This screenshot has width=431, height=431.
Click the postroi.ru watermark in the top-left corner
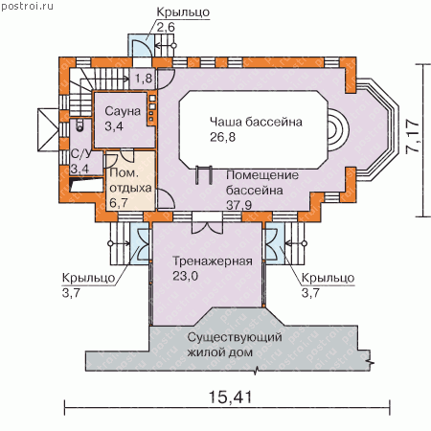click(x=28, y=6)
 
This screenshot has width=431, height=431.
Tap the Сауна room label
click(x=123, y=111)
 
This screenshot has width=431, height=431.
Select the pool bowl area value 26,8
click(x=222, y=137)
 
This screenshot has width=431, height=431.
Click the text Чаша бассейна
click(x=256, y=122)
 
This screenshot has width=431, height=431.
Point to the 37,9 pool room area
click(x=238, y=205)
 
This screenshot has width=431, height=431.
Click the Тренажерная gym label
click(x=213, y=261)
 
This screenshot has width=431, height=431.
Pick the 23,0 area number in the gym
click(x=185, y=276)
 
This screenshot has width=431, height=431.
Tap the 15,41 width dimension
click(x=230, y=397)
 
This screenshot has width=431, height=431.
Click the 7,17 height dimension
click(x=412, y=136)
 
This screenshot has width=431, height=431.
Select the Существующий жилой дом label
click(x=235, y=345)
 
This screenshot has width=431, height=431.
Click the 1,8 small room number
click(x=144, y=78)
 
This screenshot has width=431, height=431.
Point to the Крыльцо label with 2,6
click(x=183, y=11)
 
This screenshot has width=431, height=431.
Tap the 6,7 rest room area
click(x=119, y=202)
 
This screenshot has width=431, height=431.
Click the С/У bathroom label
click(x=80, y=153)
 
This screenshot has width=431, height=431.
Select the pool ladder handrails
click(x=204, y=174)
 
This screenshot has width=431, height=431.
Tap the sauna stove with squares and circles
click(x=152, y=109)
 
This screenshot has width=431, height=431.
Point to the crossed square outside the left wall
click(x=48, y=129)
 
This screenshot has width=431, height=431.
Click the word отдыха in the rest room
click(x=130, y=188)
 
